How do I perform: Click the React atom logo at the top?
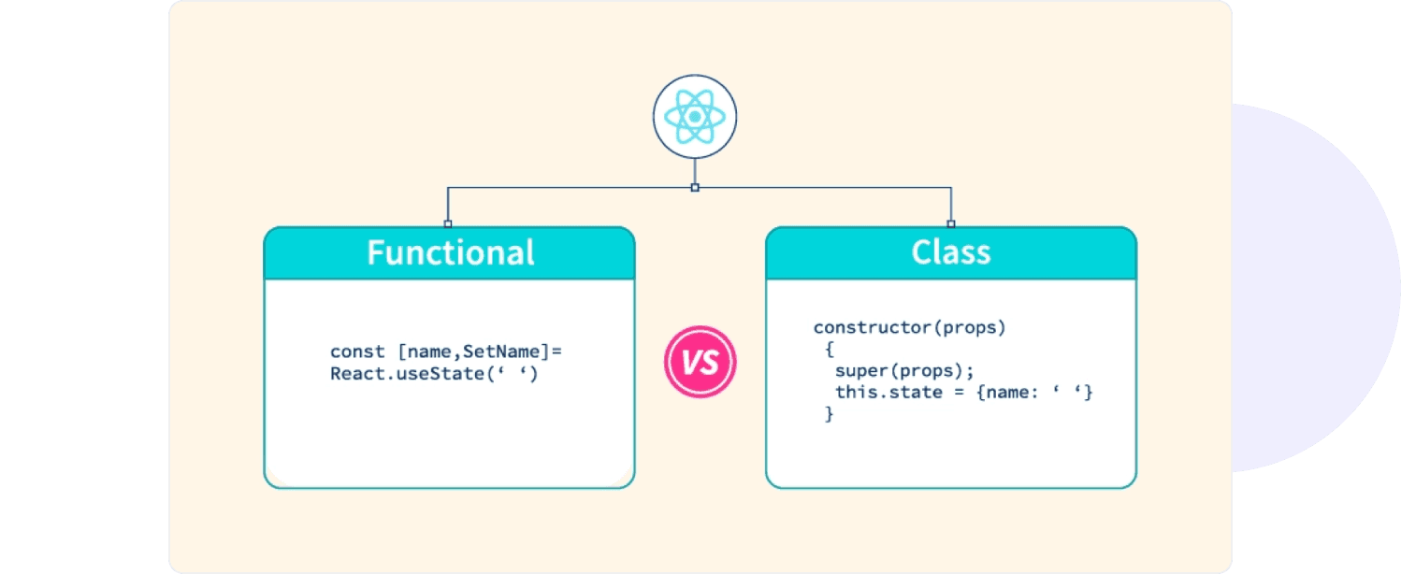[694, 116]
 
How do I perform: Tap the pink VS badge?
[700, 362]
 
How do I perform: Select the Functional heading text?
[450, 253]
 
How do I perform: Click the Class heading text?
[951, 253]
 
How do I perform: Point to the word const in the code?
[357, 352]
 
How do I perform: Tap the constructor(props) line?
[909, 328]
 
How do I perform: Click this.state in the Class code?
[875, 392]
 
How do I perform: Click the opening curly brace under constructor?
[829, 350]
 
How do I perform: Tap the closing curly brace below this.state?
[829, 413]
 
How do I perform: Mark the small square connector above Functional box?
[448, 224]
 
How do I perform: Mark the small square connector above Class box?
[951, 224]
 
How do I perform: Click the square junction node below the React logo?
[694, 188]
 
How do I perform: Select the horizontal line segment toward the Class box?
[823, 188]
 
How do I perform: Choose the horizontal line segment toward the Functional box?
[571, 188]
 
